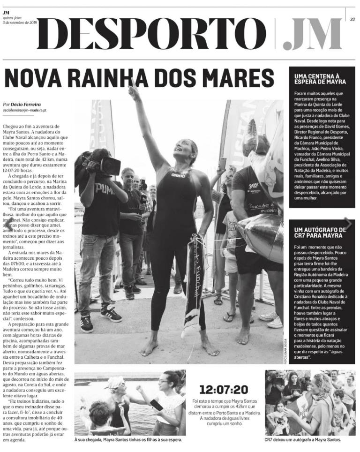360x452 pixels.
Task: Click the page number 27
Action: (x=352, y=19)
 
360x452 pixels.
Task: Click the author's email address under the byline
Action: (x=24, y=110)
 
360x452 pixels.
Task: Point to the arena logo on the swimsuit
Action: (x=178, y=175)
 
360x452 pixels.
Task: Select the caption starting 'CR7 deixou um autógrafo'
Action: (x=303, y=440)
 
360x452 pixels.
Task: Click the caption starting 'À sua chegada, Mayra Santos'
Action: (x=128, y=440)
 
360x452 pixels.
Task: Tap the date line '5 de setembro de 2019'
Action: (x=20, y=22)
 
